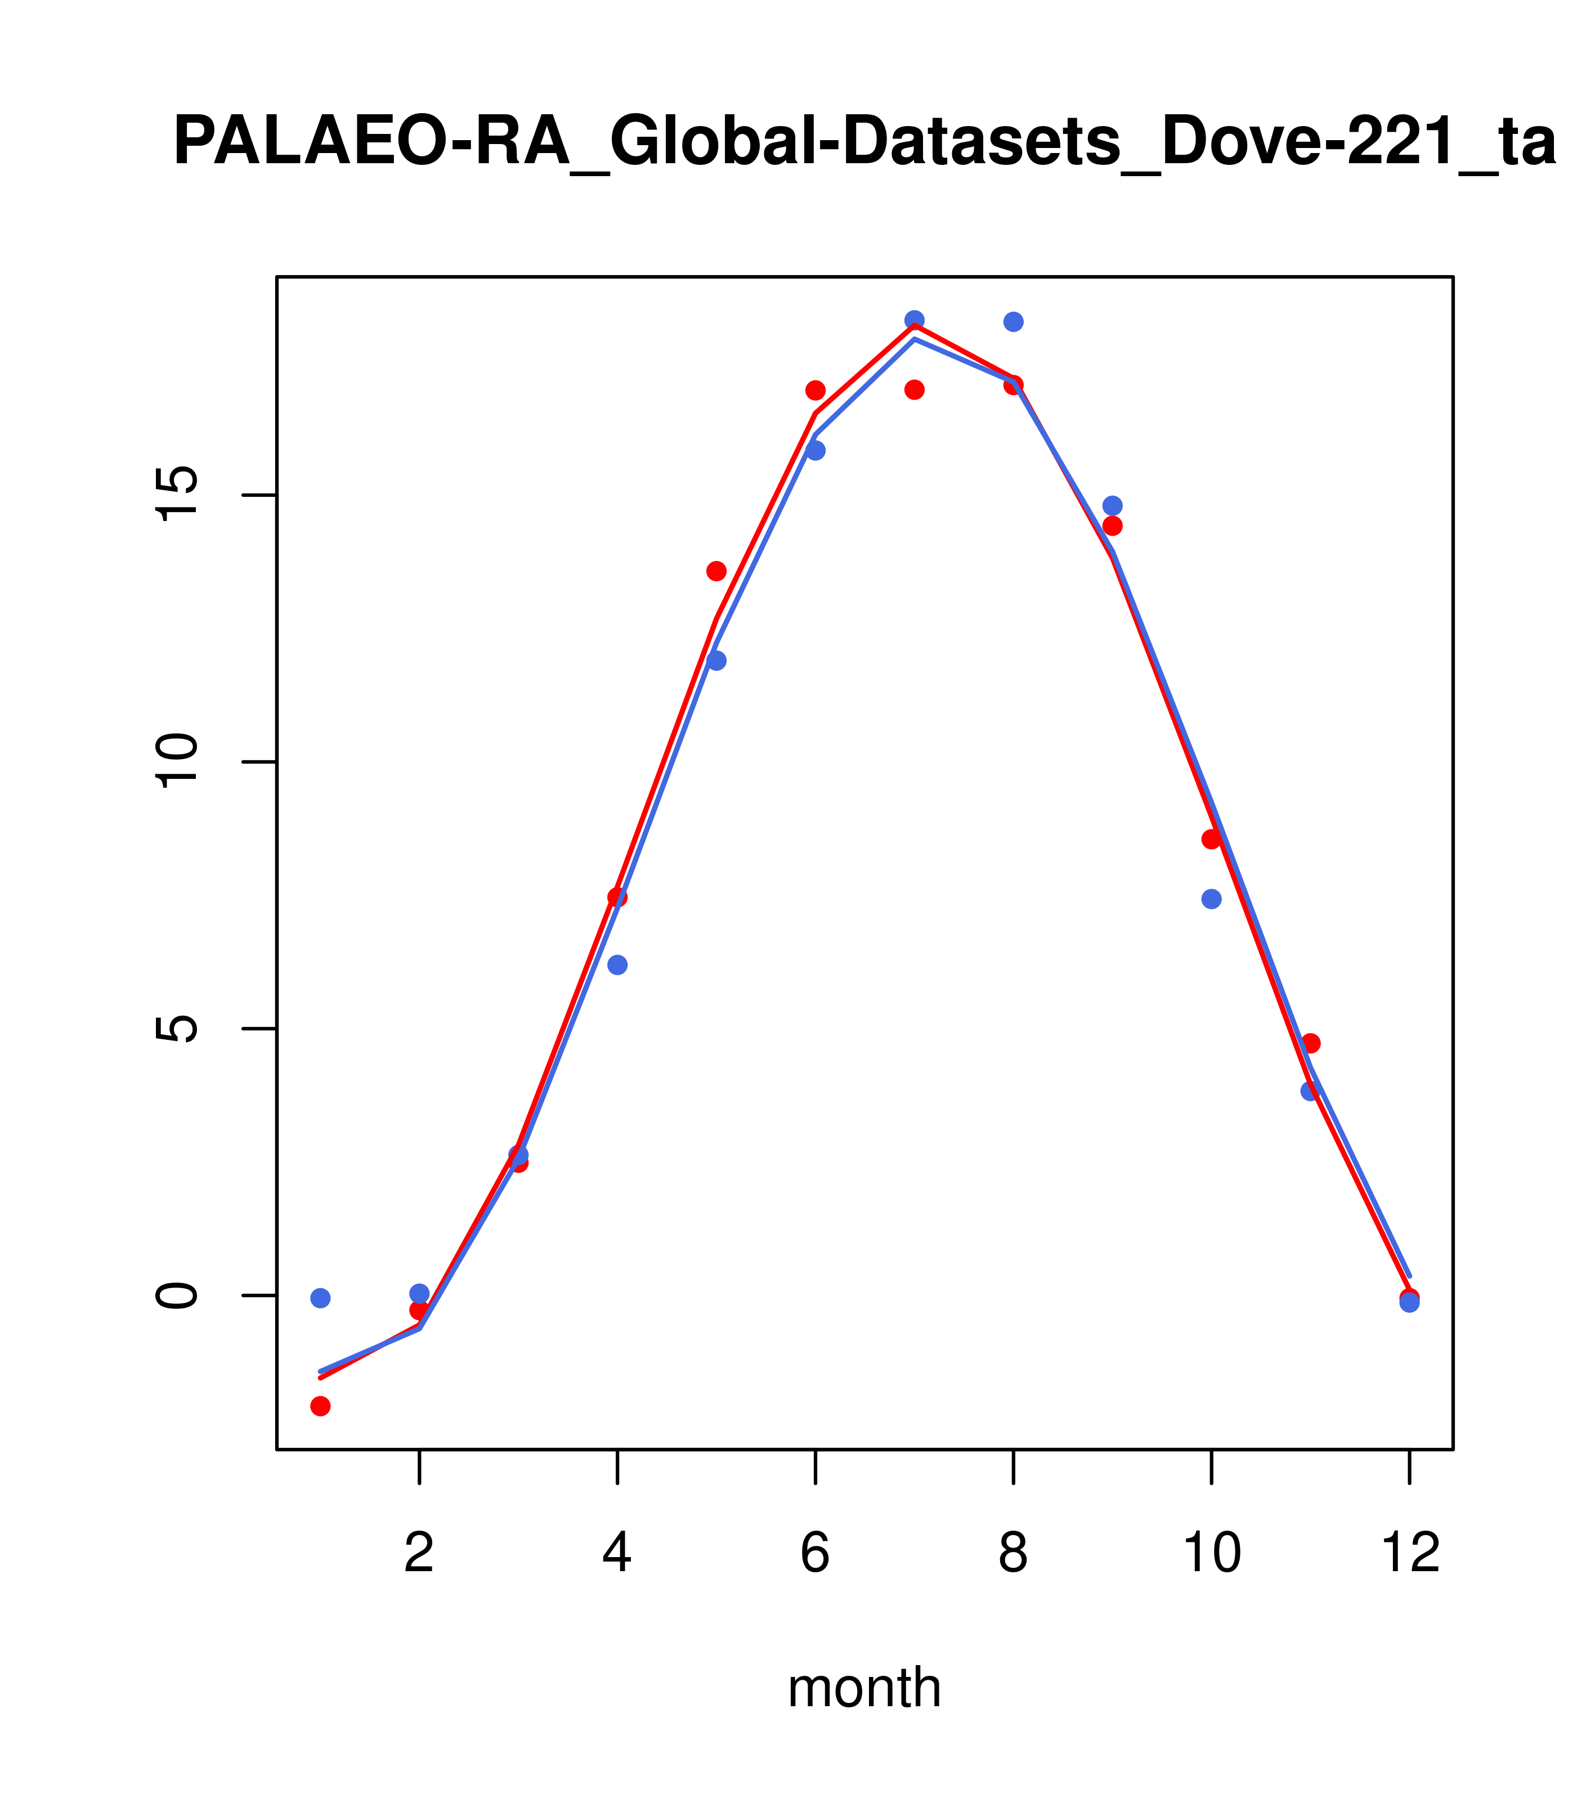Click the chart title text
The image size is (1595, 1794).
(864, 142)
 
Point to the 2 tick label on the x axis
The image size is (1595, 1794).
(420, 1554)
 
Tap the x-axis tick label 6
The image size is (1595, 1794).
(816, 1554)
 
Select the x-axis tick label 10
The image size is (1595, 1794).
(1211, 1554)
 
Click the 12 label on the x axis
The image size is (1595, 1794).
(1410, 1554)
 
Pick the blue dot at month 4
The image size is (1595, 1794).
(618, 965)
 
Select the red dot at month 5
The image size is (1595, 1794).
(716, 571)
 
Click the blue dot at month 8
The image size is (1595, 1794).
(1013, 322)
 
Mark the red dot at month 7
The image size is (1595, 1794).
(915, 390)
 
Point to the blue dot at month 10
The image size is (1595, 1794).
(1211, 899)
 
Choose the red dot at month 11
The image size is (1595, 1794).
(1311, 1043)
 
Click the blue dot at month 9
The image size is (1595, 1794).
(1112, 505)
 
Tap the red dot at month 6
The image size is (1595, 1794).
(816, 391)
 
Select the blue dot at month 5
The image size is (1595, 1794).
(716, 660)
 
